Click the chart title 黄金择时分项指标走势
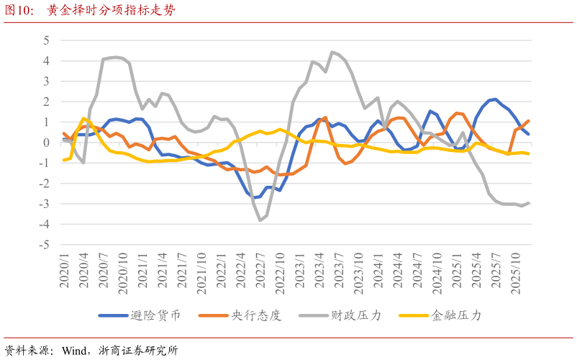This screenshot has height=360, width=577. (111, 11)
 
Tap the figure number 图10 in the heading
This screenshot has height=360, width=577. (20, 11)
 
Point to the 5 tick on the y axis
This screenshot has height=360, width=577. (46, 40)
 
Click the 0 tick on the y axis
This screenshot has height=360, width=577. (46, 143)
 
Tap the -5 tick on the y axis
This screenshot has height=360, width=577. (45, 245)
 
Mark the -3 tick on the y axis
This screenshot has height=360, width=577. (45, 204)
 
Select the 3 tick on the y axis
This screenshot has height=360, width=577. (46, 81)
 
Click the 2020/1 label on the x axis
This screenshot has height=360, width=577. (64, 273)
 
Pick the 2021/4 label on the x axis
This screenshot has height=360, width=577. (163, 273)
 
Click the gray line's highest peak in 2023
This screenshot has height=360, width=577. (332, 52)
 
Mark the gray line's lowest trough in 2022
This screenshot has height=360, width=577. (260, 220)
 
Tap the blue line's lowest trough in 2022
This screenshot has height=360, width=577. (254, 197)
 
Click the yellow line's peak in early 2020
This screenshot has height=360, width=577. (83, 118)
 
